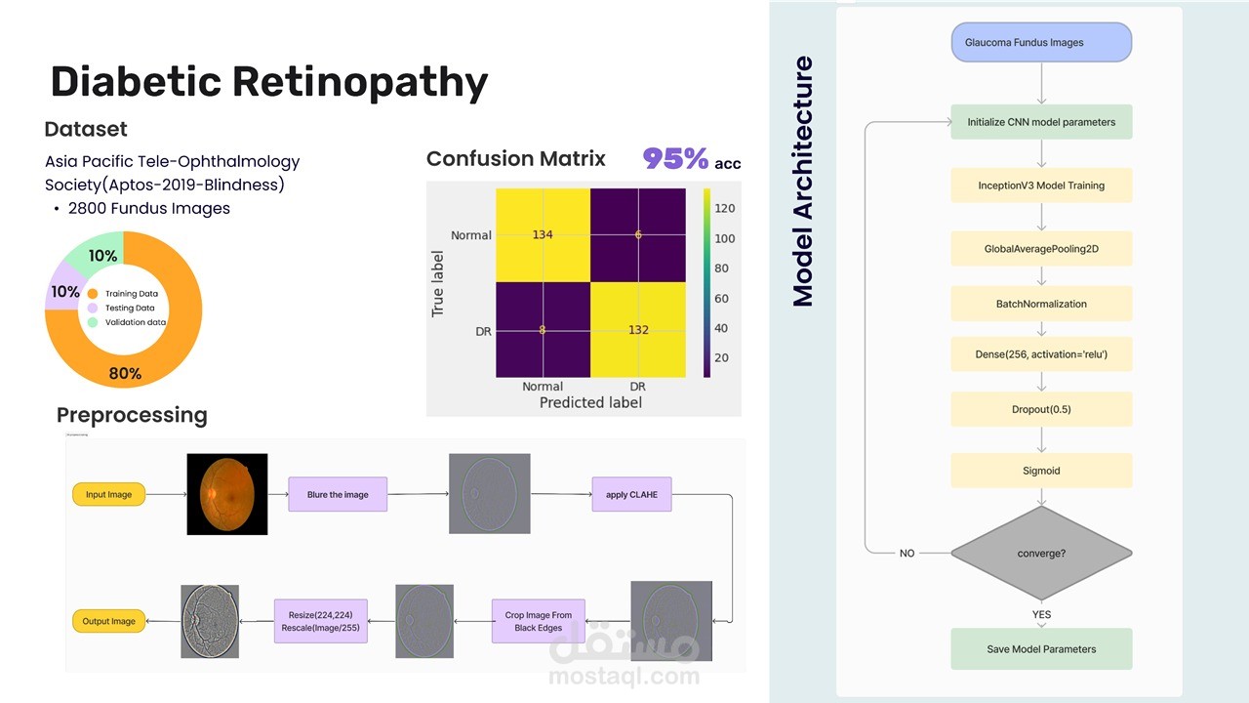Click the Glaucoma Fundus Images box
1041,42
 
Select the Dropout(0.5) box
1041,409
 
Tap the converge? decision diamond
1041,553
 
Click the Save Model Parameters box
1041,649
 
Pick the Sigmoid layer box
1041,471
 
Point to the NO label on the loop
907,553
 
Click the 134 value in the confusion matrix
543,235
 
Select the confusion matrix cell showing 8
543,330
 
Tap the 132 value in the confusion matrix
638,330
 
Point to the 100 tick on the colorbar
725,238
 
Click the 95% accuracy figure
675,158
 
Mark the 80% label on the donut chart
125,373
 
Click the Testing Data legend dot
93,308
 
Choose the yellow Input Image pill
108,494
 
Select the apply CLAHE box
631,494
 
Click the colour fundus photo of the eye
227,494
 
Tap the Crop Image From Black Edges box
539,621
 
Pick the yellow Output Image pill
108,621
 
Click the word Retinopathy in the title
360,82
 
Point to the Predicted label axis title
590,402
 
